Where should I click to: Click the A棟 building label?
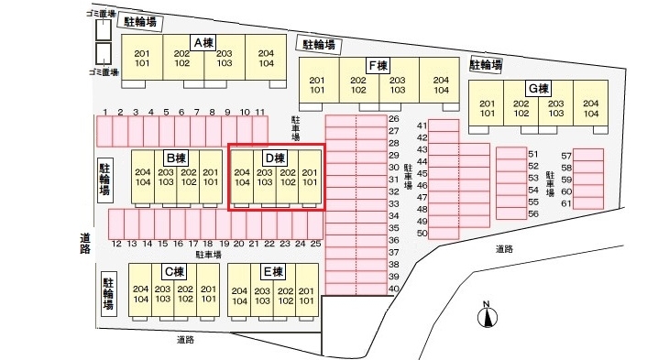[x=204, y=41]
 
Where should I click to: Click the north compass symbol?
[x=488, y=316]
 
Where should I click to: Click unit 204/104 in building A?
[x=266, y=59]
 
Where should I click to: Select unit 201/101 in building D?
[x=310, y=176]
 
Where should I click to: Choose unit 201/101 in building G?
[x=487, y=108]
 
